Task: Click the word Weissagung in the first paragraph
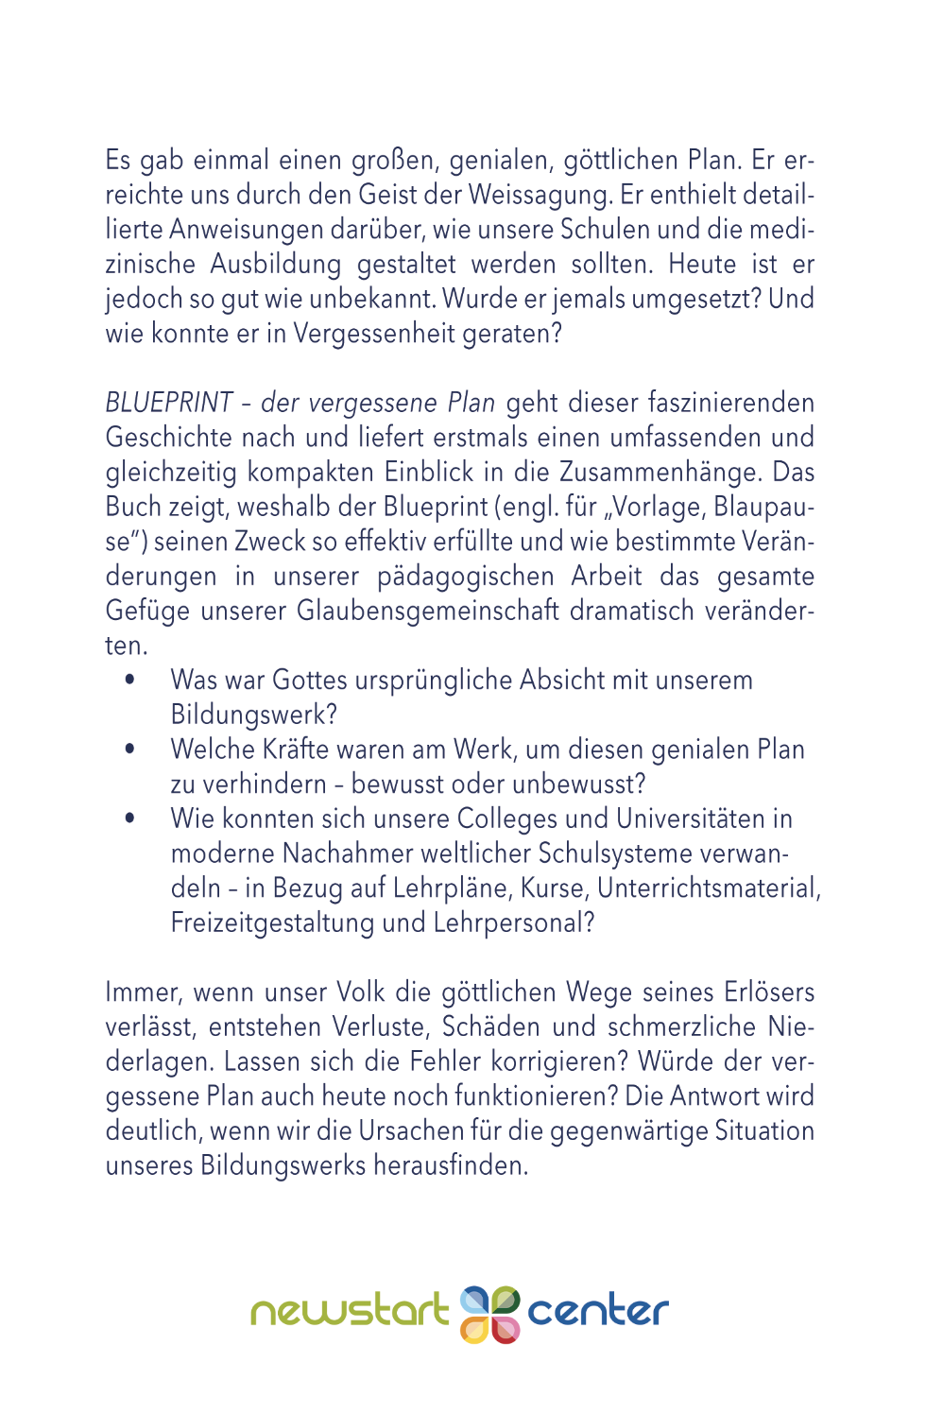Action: point(540,196)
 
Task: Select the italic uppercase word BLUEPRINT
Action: point(169,404)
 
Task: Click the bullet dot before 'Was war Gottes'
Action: point(129,680)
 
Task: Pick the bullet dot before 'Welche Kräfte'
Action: point(129,750)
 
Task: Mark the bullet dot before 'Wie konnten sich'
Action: point(129,819)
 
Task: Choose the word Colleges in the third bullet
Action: point(525,819)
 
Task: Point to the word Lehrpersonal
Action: point(513,923)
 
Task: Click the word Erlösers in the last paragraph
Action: point(769,992)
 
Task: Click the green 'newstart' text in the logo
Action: point(349,1312)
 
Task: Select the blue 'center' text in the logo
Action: point(597,1312)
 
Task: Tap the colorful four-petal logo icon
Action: point(489,1314)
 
